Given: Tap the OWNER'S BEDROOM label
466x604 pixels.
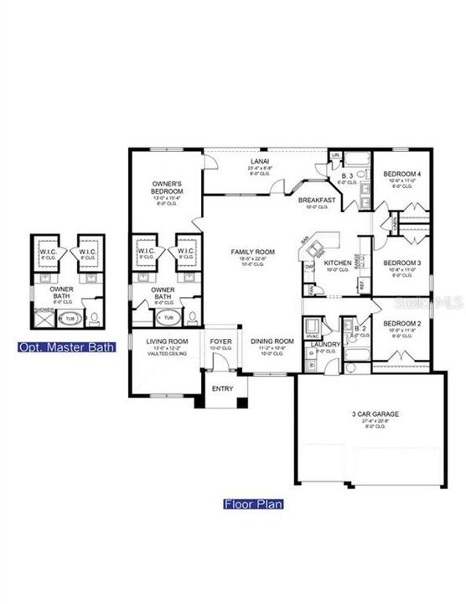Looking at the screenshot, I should click(168, 186).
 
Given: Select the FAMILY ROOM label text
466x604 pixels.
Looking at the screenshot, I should click(253, 251).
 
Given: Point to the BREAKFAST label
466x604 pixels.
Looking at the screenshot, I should click(318, 200).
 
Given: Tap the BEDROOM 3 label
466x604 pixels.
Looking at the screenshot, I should click(400, 263).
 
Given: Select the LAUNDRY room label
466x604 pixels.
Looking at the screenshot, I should click(324, 343).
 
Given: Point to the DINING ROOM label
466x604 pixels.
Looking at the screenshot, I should click(271, 341).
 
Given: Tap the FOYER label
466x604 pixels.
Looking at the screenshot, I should click(220, 341).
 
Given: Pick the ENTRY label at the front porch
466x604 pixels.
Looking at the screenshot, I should click(223, 388).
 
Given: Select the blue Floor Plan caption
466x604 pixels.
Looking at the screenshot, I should click(253, 504).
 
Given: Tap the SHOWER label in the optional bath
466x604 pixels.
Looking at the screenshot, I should click(42, 309).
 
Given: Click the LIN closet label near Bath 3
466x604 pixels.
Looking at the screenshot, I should click(335, 156).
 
